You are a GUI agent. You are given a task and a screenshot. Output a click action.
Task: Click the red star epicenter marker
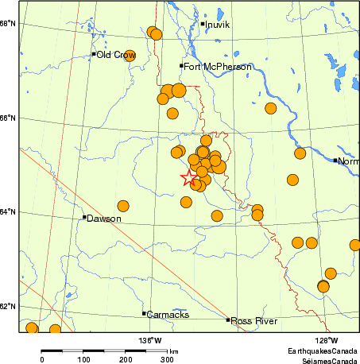pos(189,178)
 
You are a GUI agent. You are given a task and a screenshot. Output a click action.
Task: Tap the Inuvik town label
pos(218,25)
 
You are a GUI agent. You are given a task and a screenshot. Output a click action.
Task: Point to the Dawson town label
pos(104,219)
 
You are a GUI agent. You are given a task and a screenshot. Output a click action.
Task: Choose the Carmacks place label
pos(168,315)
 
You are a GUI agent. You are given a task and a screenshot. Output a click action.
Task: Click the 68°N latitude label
pos(10,23)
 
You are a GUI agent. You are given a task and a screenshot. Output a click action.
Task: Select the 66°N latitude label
pos(10,118)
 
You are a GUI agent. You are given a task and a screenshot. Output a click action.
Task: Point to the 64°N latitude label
pos(10,211)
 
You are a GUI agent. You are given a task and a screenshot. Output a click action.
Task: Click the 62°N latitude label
pos(10,306)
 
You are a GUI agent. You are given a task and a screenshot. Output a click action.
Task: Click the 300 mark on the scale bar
pos(168,360)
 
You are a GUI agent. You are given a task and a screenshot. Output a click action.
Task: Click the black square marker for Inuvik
pos(203,24)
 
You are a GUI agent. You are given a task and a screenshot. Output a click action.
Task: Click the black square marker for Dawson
pos(84,217)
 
